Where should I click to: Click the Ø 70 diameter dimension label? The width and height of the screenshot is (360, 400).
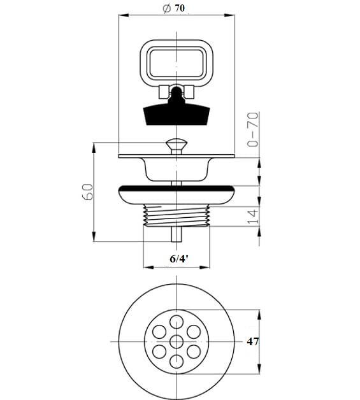174,8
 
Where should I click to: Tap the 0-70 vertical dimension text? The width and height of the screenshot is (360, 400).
253,129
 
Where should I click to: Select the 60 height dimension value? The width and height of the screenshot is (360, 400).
88,192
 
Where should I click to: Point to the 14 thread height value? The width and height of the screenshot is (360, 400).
253,217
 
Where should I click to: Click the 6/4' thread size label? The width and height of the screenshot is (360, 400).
179,259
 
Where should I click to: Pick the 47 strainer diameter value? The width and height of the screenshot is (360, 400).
253,341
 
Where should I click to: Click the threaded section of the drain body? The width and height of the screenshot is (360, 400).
176,215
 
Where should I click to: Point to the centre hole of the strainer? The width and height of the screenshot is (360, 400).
176,341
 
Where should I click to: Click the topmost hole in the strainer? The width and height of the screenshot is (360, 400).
176,322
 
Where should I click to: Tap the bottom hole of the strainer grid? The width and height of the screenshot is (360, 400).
176,362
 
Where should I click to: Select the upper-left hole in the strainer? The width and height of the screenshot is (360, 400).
159,332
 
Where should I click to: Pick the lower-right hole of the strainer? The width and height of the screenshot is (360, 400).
194,352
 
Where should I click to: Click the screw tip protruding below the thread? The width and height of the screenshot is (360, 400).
176,234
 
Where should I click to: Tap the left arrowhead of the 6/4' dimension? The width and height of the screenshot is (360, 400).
148,268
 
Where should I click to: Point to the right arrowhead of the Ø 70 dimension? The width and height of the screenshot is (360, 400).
229,15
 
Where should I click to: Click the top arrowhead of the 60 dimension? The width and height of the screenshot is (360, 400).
94,148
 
